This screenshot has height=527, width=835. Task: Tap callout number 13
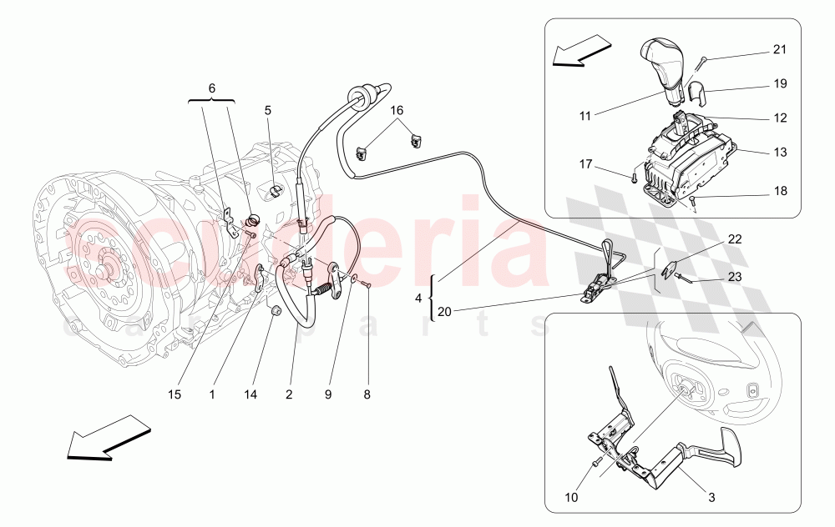coord(779,152)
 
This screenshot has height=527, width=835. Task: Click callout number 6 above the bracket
coord(211,88)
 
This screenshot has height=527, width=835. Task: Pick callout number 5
coord(268,109)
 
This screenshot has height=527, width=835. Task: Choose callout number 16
coord(394,109)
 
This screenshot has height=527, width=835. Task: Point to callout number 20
coord(445,312)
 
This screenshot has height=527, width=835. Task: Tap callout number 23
coord(732,276)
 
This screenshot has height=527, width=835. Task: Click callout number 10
coord(570,498)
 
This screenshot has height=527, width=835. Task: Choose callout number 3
coord(711,498)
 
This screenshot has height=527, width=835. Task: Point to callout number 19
coord(779,84)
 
